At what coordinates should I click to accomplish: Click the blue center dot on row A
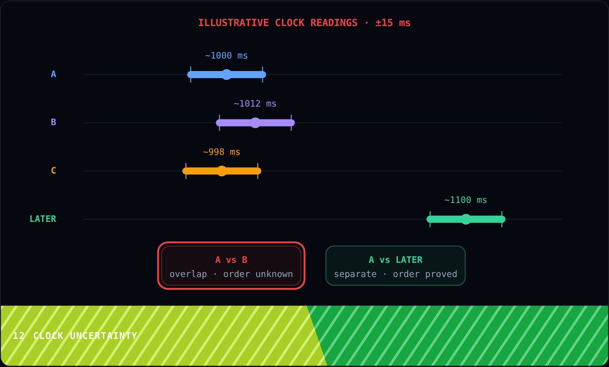click(x=227, y=74)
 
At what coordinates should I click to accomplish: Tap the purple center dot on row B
click(x=255, y=123)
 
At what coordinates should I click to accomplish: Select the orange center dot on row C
click(x=222, y=171)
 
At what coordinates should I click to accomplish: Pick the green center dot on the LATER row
click(x=466, y=219)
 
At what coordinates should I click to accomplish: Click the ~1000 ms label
click(x=226, y=55)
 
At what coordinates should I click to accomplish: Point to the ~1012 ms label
click(x=255, y=104)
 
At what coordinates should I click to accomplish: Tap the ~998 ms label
click(x=222, y=152)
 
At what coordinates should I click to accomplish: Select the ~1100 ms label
click(x=466, y=200)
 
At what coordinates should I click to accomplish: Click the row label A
click(x=53, y=74)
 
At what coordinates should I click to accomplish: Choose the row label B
click(x=53, y=122)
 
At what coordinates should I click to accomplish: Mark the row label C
click(x=53, y=170)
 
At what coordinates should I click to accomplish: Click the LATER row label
click(x=43, y=219)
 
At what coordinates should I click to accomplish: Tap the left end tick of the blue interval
click(x=191, y=74)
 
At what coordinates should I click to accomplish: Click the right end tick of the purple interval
click(x=291, y=123)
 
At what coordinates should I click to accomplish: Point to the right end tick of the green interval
click(x=502, y=219)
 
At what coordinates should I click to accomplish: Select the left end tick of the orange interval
click(x=186, y=171)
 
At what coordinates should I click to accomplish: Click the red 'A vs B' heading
click(x=231, y=260)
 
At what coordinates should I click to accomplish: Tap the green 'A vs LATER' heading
click(x=396, y=260)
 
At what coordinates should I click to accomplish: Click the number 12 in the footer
click(x=19, y=336)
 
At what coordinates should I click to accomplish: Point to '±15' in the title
click(x=384, y=23)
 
